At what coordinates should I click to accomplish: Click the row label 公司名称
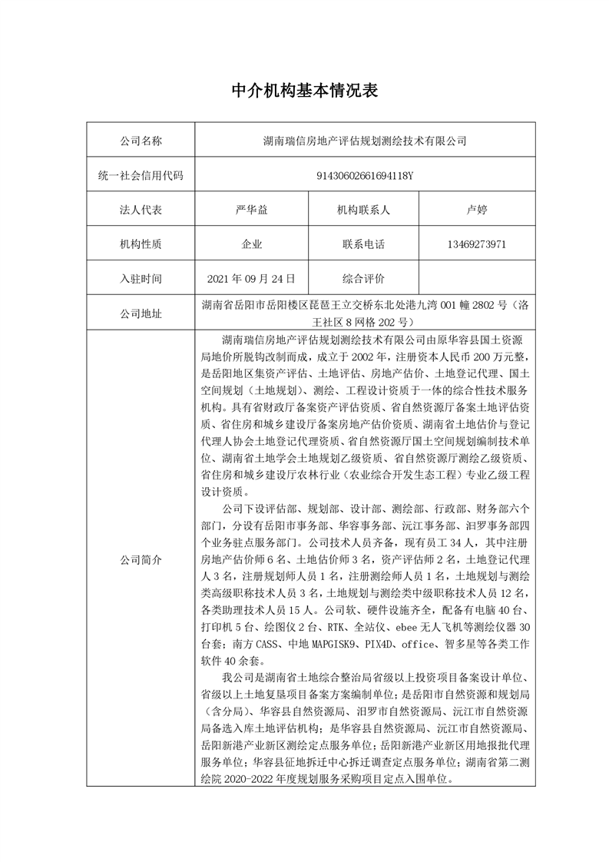coord(141,141)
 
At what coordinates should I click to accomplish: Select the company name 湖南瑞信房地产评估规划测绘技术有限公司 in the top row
coord(365,141)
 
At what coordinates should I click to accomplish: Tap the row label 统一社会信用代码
coord(141,175)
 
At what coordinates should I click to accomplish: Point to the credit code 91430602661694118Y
coord(365,175)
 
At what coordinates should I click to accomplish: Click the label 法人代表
coord(141,210)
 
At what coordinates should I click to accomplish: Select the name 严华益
coord(252,210)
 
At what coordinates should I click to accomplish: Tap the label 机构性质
coord(141,244)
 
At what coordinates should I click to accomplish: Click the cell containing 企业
coord(252,244)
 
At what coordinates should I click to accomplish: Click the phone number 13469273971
coord(476,244)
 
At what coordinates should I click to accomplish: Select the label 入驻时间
coord(141,279)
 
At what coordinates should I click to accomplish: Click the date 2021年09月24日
coord(252,279)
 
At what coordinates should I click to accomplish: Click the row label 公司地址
coord(141,313)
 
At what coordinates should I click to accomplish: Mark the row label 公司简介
coord(141,560)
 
